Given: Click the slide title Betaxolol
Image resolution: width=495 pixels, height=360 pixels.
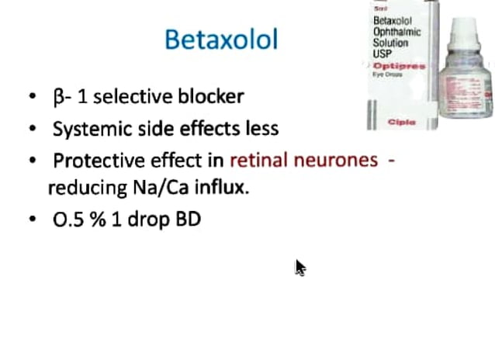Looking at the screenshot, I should click(221, 40).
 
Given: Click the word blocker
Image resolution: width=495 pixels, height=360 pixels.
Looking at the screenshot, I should click(209, 97).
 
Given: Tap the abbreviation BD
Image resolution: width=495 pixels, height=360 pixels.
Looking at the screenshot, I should click(189, 220).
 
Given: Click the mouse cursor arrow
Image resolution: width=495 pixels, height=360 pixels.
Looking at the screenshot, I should click(299, 267).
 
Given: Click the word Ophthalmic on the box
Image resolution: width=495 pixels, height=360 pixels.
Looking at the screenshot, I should click(396, 33).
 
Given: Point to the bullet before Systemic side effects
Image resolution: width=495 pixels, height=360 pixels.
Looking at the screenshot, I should click(32, 130).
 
